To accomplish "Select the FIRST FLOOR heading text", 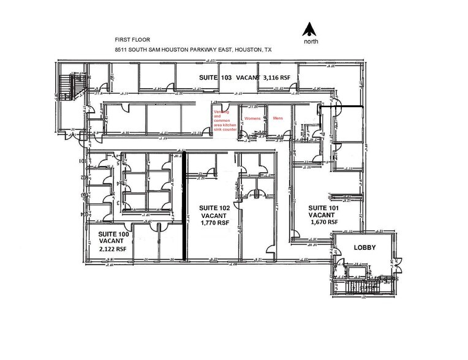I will tap(132, 40).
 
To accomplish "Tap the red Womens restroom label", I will tap(252, 118).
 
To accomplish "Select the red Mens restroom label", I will tap(277, 118).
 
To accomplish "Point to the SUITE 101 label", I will tap(323, 208).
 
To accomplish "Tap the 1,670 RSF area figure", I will tap(323, 223).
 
